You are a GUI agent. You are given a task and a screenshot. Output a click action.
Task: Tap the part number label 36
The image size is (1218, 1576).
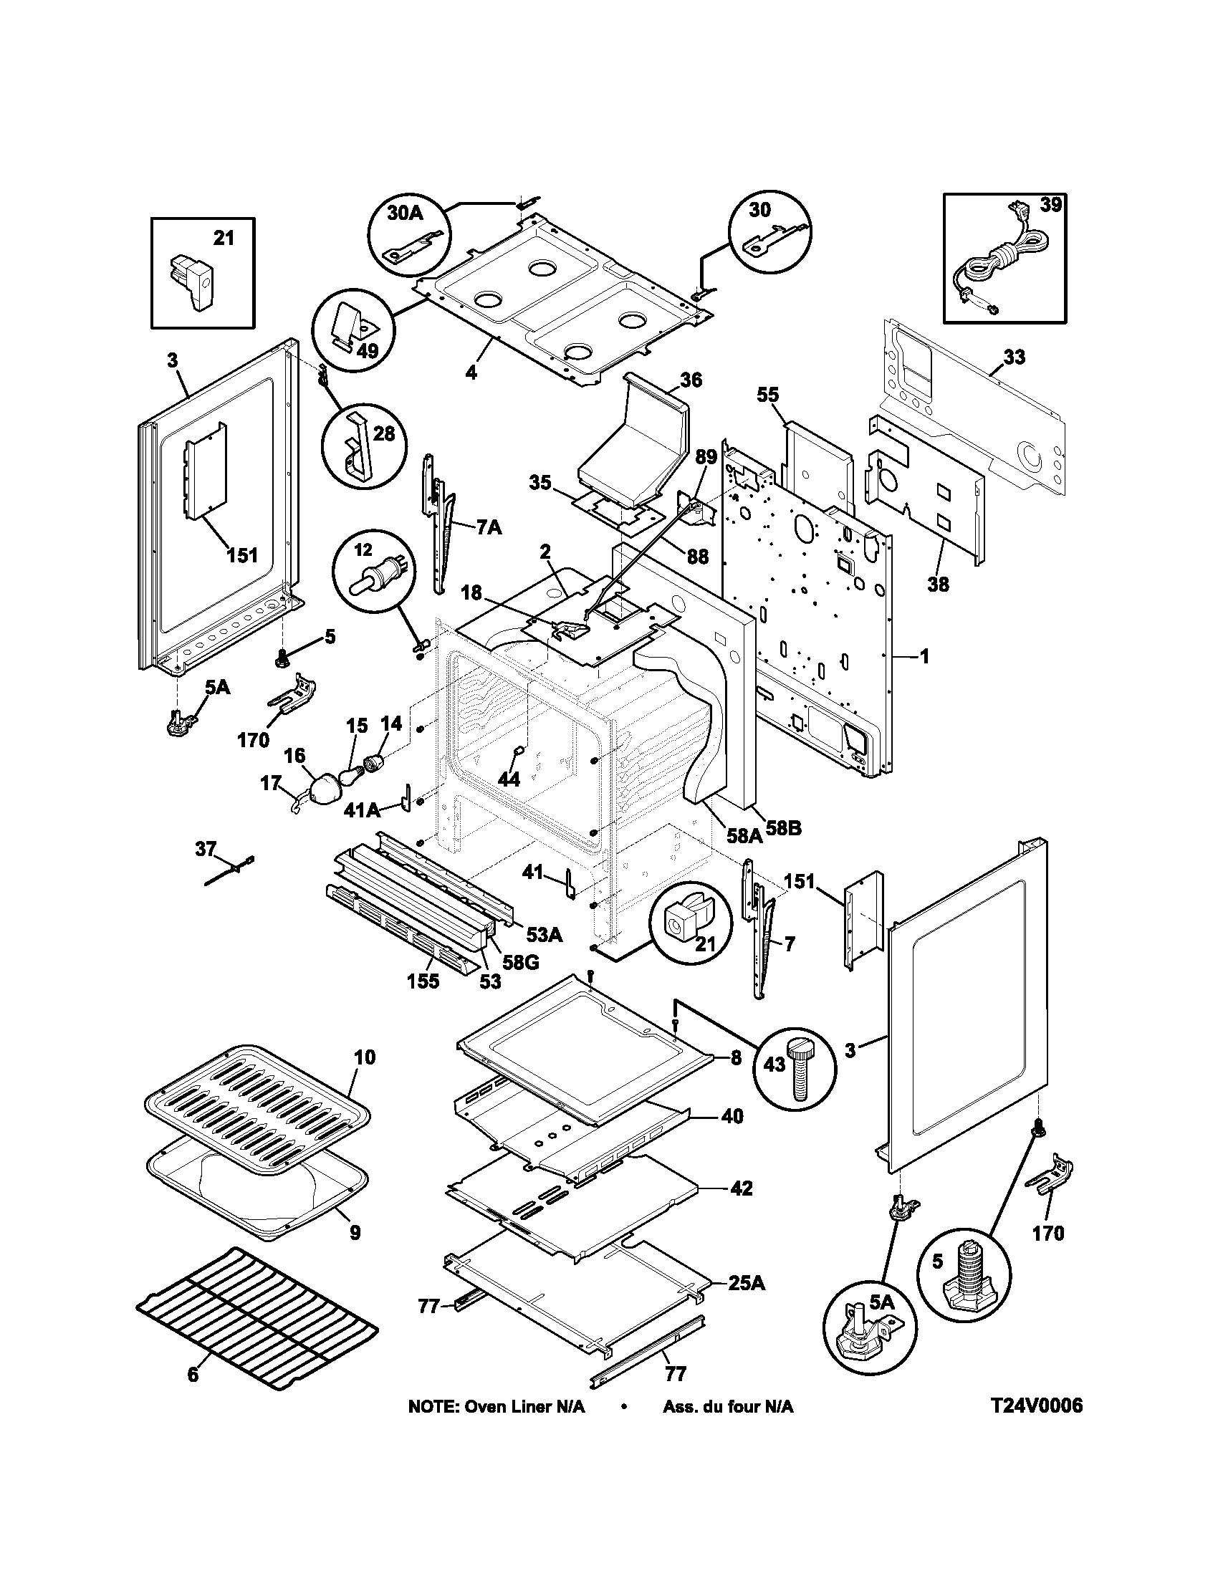click(x=690, y=380)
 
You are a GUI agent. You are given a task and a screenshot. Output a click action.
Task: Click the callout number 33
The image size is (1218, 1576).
click(x=1014, y=357)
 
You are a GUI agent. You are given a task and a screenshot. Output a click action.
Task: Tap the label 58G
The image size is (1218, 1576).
click(x=513, y=961)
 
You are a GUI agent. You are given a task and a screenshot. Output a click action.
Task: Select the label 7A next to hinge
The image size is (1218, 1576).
click(x=488, y=528)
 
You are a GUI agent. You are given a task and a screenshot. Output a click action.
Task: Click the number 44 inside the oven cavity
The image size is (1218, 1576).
click(x=508, y=779)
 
